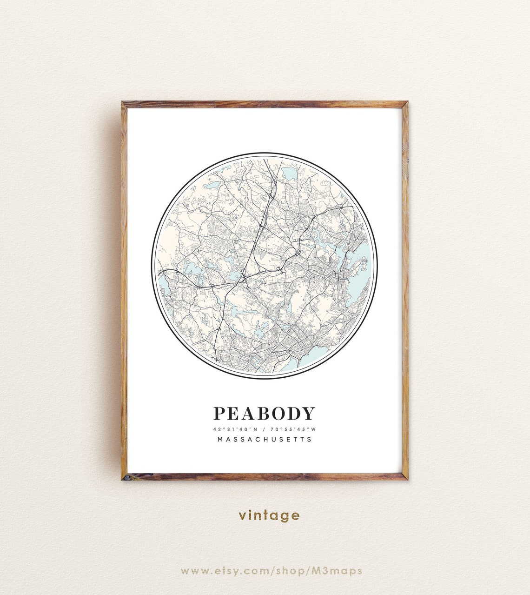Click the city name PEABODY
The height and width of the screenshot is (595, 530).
(x=264, y=413)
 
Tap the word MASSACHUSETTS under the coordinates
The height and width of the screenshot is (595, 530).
(x=265, y=439)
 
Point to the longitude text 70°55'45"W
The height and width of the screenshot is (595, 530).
(x=292, y=429)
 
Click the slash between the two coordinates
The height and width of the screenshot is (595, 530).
(x=263, y=429)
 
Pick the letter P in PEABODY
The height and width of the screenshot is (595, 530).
(x=219, y=413)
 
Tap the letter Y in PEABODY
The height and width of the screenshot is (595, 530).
(x=309, y=413)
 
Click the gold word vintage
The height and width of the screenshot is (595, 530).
(x=269, y=515)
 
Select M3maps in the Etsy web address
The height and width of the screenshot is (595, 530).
(x=341, y=571)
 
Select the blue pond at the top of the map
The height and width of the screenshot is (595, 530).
(x=289, y=174)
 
